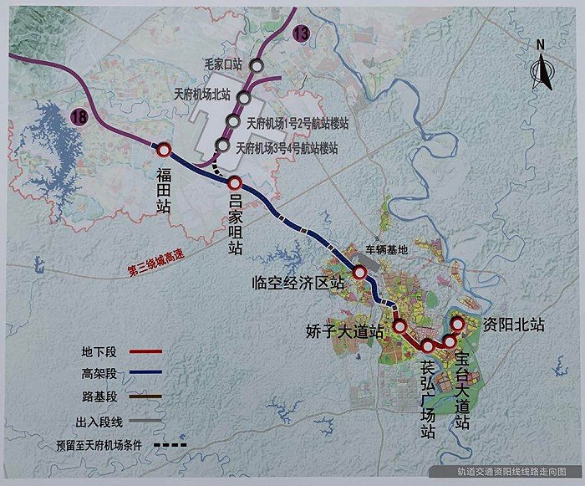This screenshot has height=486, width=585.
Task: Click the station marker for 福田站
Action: click(164, 150)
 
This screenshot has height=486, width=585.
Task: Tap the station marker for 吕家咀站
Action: click(235, 183)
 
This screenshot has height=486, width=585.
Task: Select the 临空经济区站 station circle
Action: click(360, 273)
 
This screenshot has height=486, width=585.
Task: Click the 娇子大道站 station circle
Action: click(400, 326)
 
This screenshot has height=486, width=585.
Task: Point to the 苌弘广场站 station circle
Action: click(428, 345)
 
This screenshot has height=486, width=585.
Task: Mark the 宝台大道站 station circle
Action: click(450, 340)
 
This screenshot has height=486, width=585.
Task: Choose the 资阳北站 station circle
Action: click(458, 325)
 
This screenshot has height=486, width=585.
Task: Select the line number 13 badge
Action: click(300, 34)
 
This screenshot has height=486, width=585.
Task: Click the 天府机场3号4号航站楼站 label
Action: click(287, 149)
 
